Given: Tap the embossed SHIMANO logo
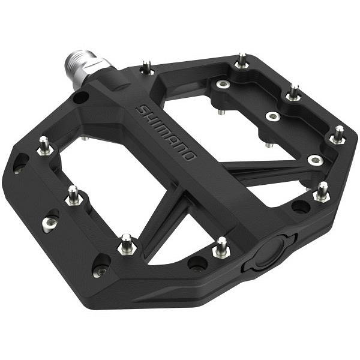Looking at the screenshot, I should [x=166, y=133].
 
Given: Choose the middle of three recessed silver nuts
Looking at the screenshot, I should [x=273, y=116].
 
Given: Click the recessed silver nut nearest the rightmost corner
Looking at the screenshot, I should [x=315, y=160].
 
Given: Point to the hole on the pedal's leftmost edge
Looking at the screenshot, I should [x=20, y=163].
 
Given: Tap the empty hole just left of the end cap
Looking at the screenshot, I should [x=197, y=263].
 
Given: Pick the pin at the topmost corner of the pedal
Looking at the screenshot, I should [x=242, y=60].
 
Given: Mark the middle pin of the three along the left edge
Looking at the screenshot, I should [x=73, y=195].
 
